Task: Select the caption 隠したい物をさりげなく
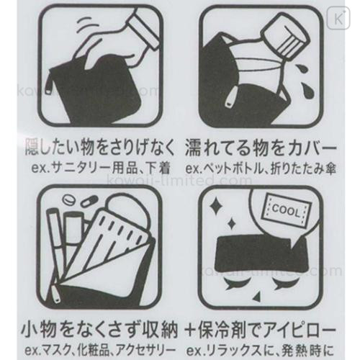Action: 99,148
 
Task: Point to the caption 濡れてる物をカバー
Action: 261,148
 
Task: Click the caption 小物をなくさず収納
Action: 99,329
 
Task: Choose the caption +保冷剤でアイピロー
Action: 261,329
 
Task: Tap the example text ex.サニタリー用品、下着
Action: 101,168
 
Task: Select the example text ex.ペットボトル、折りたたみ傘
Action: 261,168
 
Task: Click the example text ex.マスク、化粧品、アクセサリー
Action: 100,351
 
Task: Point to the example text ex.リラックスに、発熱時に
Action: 261,351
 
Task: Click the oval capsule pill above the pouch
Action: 89,202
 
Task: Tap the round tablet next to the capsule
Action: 68,199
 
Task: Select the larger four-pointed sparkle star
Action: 216,206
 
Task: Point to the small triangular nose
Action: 257,297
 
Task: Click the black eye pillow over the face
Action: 261,254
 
